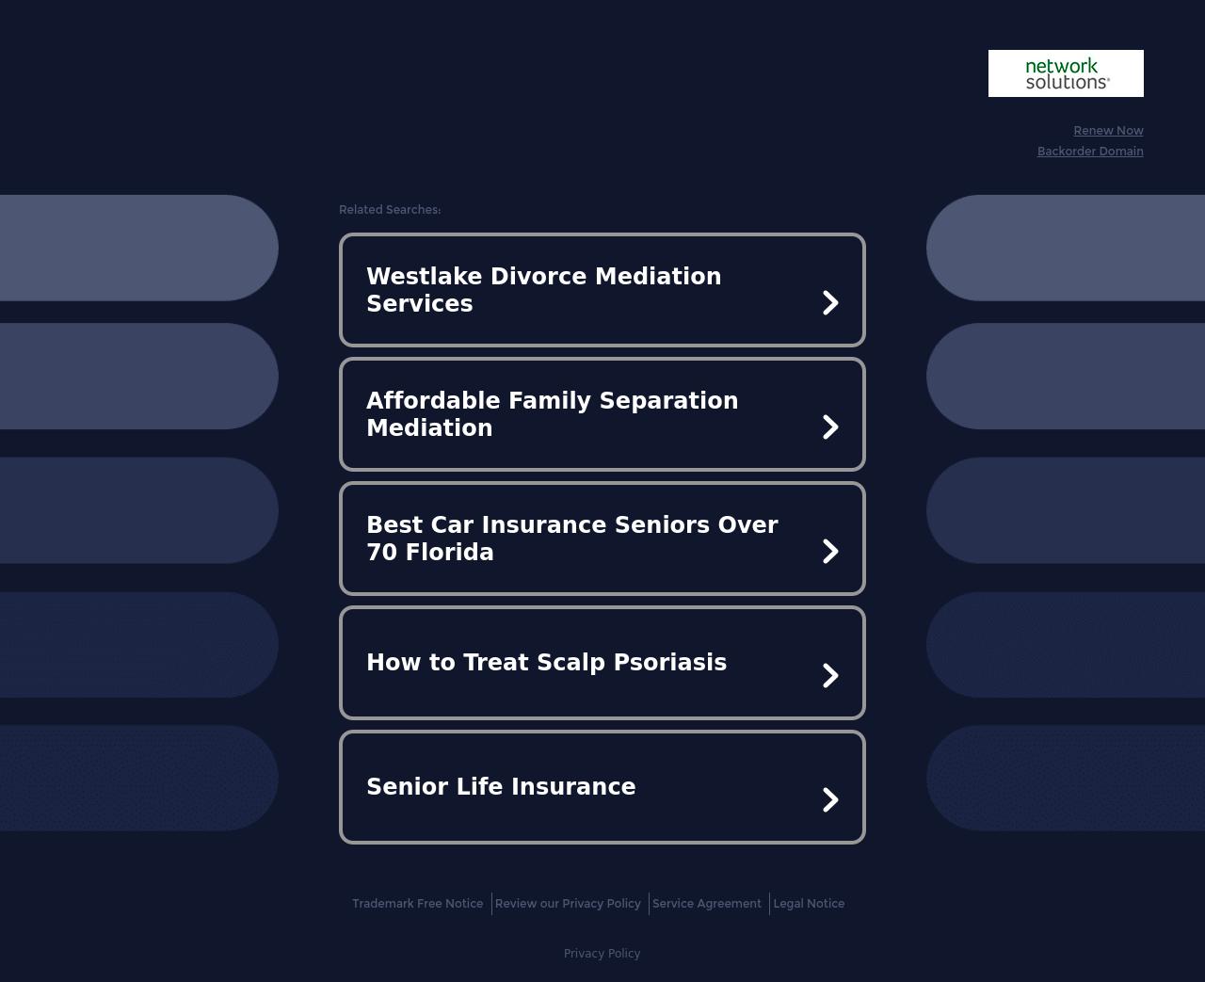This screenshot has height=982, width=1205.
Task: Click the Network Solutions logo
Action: coord(1066,73)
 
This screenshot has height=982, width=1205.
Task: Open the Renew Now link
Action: coord(1108,131)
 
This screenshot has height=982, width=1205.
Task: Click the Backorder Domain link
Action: coord(1090,151)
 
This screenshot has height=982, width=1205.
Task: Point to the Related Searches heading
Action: coord(390,209)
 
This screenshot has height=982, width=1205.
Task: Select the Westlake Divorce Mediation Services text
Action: coord(544,290)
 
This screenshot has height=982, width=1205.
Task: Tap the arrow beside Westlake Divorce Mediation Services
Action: coord(830,302)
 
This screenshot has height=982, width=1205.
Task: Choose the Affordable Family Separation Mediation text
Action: coord(553,414)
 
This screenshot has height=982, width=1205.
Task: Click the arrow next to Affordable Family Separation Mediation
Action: coord(830,427)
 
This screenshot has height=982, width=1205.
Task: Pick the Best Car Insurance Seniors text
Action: coord(572,539)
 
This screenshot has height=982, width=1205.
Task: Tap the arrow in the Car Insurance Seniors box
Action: coord(830,552)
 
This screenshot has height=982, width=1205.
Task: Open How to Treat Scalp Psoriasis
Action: coord(547,663)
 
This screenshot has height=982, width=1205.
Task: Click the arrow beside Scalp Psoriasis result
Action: coord(830,675)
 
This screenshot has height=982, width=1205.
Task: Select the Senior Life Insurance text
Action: coord(501,787)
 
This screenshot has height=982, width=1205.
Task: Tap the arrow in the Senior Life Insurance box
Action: coord(830,800)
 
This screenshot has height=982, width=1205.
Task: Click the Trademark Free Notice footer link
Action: coord(417,903)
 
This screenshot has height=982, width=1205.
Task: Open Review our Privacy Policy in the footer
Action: coord(568,903)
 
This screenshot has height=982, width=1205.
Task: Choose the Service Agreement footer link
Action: coord(707,903)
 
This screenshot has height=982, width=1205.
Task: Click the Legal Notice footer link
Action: coord(809,903)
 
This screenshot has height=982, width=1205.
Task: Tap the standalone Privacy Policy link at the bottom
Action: coord(602,954)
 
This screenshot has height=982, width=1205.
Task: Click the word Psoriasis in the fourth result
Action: coord(670,663)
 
